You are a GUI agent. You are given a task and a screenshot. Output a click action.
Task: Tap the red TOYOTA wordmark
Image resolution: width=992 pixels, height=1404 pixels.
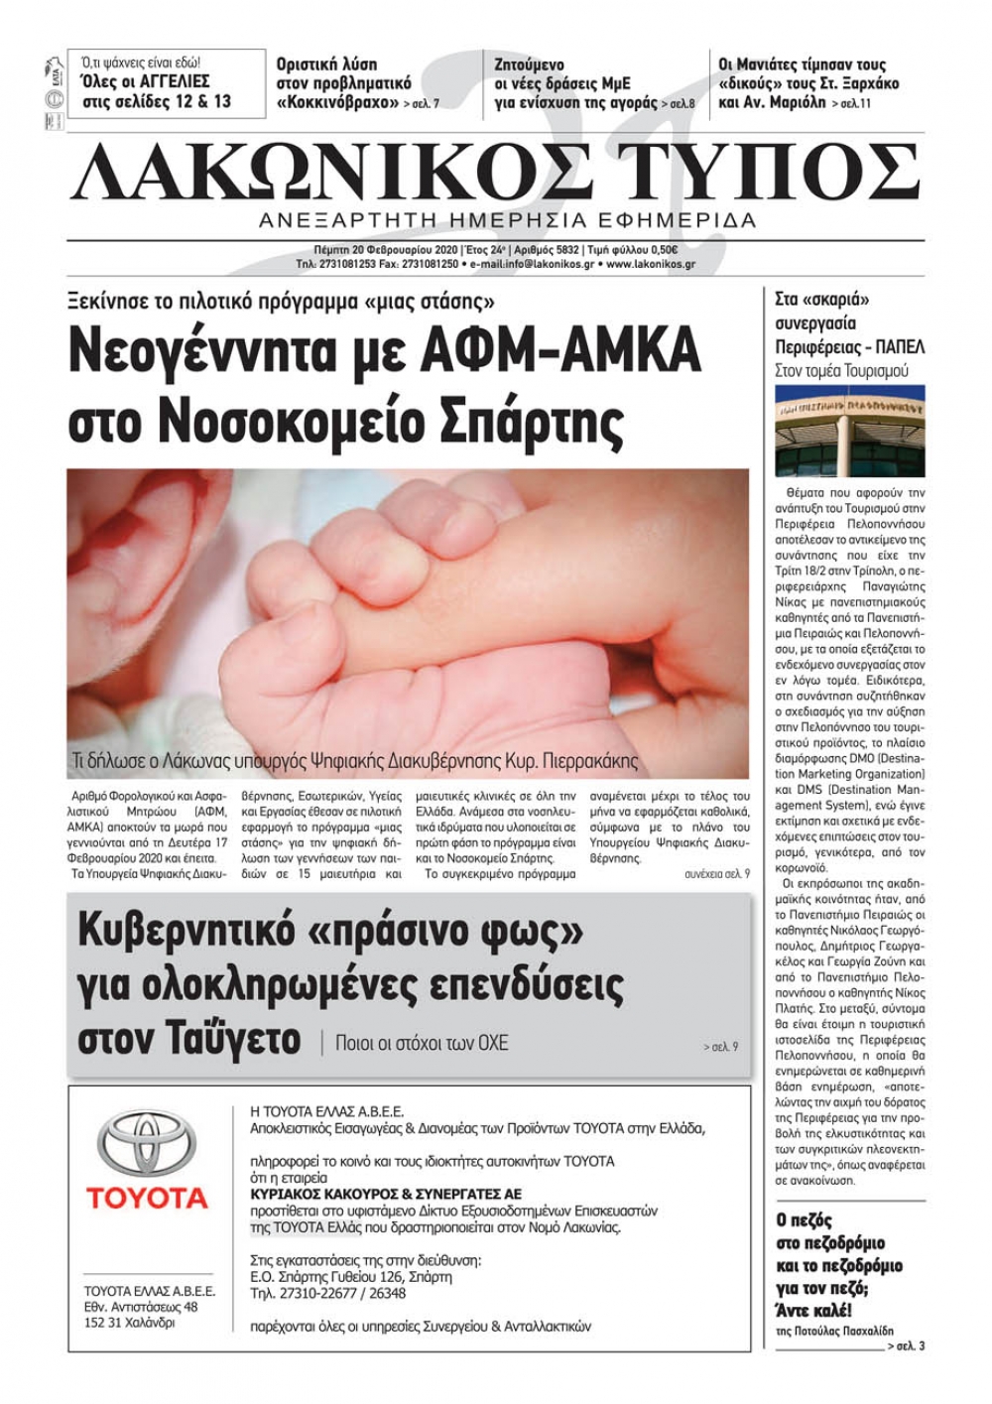pyautogui.click(x=147, y=1198)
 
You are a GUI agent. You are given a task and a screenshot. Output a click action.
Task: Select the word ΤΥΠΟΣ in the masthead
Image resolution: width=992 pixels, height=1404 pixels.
pyautogui.click(x=779, y=174)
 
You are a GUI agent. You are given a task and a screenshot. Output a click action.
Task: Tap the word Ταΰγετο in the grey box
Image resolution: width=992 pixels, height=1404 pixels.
pyautogui.click(x=188, y=1038)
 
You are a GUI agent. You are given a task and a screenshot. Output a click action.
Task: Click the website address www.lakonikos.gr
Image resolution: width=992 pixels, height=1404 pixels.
pyautogui.click(x=650, y=265)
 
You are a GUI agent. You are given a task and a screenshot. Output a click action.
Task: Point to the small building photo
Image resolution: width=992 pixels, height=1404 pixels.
pyautogui.click(x=849, y=431)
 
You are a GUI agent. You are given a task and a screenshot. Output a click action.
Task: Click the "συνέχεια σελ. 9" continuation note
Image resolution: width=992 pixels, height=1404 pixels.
pyautogui.click(x=716, y=874)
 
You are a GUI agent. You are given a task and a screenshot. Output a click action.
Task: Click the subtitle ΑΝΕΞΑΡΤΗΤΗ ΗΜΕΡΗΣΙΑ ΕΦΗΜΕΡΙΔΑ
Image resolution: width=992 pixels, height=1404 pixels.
pyautogui.click(x=506, y=220)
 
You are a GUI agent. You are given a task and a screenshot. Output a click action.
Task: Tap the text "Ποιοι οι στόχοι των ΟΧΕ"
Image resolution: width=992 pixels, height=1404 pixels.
pyautogui.click(x=422, y=1043)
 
